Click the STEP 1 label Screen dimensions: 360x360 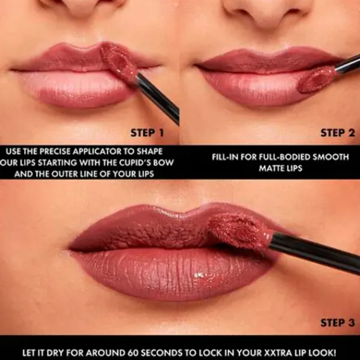147,133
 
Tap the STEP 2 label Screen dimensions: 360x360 338,133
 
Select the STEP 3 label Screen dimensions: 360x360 338,323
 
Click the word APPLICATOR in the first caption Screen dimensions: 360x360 98,151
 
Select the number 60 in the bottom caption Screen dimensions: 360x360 133,352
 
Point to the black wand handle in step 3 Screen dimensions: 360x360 314,253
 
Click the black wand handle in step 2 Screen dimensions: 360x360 347,64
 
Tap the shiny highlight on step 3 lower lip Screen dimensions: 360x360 199,275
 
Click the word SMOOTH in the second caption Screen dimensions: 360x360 331,157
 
